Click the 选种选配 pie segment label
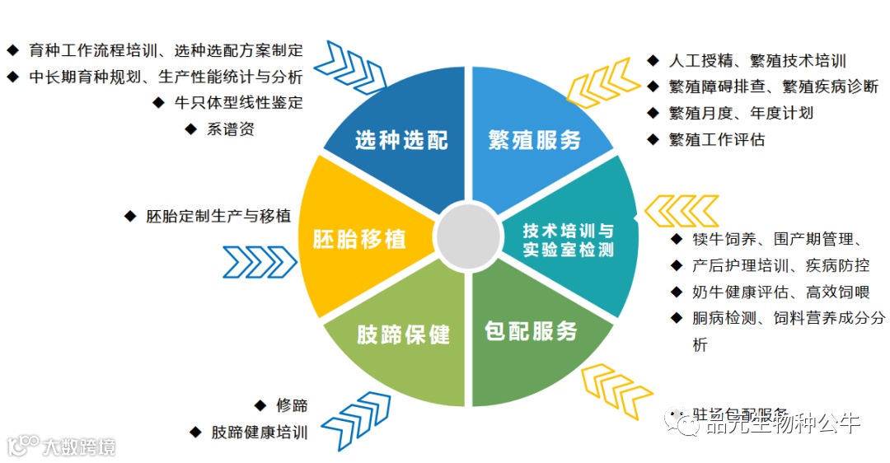[x=401, y=140]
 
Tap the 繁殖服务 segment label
[x=535, y=140]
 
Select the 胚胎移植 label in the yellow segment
[x=360, y=240]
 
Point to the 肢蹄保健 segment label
[x=403, y=334]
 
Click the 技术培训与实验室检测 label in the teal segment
[x=569, y=240]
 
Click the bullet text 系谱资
[x=230, y=129]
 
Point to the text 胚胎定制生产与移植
[x=218, y=216]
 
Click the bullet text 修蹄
[x=292, y=405]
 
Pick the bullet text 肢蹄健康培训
[x=259, y=432]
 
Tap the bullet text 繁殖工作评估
[x=717, y=139]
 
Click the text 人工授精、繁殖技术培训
[x=757, y=60]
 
